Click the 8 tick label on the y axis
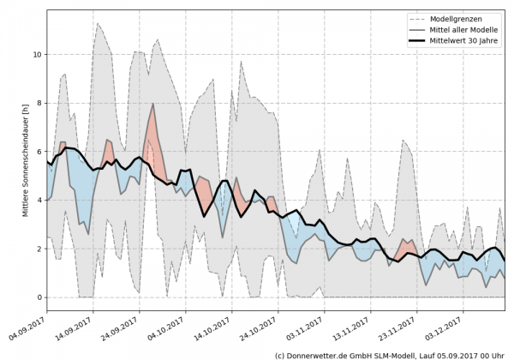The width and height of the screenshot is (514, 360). point(39,103)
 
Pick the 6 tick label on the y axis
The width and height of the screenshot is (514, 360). point(39,152)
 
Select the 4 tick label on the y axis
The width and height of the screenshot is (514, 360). point(39,201)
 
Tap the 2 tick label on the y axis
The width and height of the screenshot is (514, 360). point(39,249)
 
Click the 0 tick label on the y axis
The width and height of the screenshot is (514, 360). point(39,297)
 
